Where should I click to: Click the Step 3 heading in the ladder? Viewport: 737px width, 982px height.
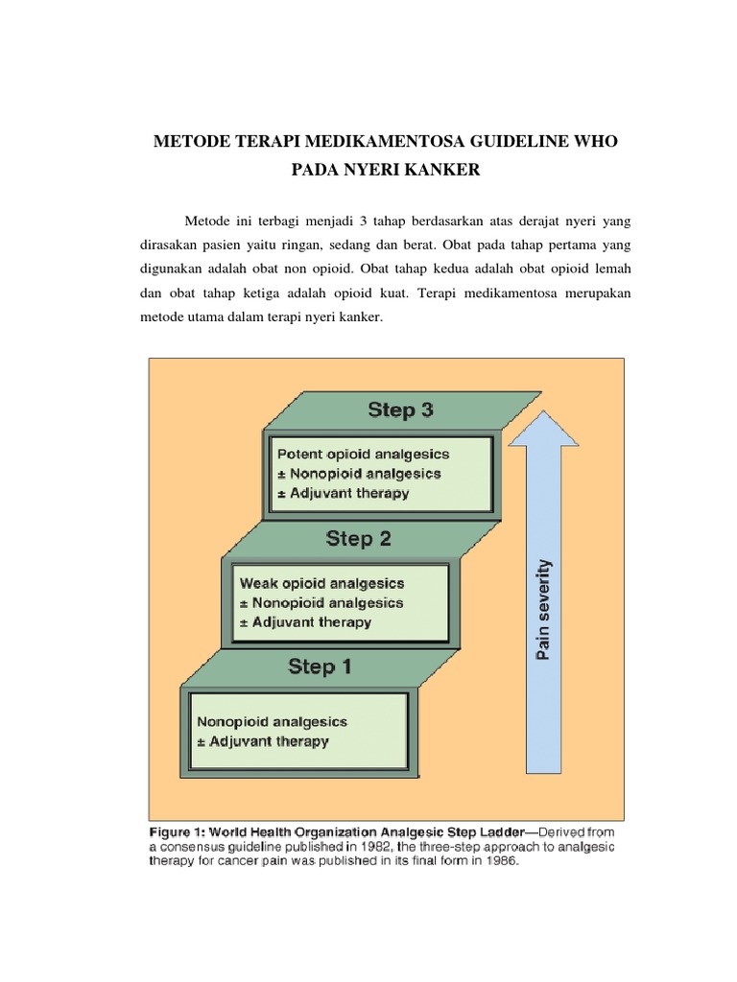400,410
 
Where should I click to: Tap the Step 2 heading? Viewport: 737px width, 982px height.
358,539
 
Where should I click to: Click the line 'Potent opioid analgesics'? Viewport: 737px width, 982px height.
362,455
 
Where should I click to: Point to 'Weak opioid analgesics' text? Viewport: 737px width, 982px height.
321,583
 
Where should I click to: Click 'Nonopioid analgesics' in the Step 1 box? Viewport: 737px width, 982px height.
272,721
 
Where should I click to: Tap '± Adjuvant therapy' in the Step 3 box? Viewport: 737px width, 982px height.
343,493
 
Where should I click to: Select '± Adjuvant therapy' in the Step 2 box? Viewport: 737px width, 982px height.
305,621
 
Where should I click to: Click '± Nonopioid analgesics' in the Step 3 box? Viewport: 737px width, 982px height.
358,474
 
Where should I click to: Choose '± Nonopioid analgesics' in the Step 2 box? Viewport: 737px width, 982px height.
321,602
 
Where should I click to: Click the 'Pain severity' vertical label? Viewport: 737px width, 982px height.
542,609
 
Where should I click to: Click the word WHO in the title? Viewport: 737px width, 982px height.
595,142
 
